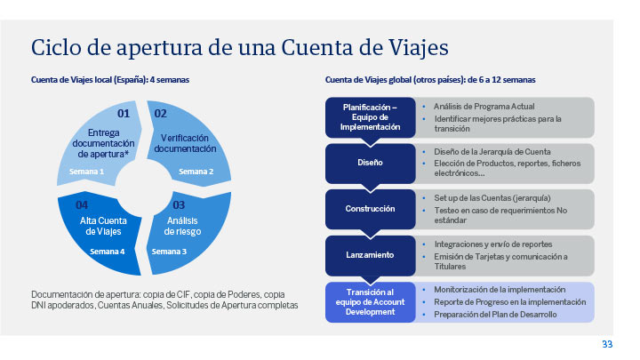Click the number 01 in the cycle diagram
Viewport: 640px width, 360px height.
124,113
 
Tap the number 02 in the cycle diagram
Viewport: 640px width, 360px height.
160,114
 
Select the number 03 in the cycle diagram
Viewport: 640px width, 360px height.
179,204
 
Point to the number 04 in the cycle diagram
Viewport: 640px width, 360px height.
82,204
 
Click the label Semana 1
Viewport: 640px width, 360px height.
86,172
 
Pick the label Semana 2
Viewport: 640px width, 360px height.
196,172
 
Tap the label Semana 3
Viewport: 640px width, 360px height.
169,252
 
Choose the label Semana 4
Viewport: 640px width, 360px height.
108,252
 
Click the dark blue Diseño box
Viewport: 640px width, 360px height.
370,164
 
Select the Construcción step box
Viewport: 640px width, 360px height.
370,209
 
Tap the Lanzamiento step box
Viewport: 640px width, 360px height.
370,255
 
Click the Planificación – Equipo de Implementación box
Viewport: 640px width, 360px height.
370,117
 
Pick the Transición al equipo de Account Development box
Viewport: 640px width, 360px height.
370,302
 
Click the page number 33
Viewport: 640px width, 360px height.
607,344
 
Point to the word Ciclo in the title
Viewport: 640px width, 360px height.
56,47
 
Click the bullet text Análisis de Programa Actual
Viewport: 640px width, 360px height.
484,107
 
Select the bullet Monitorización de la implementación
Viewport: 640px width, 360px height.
500,290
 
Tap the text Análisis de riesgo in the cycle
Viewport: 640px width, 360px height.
182,226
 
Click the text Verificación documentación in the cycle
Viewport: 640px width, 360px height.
185,143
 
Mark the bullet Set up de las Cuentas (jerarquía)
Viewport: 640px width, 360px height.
492,198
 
